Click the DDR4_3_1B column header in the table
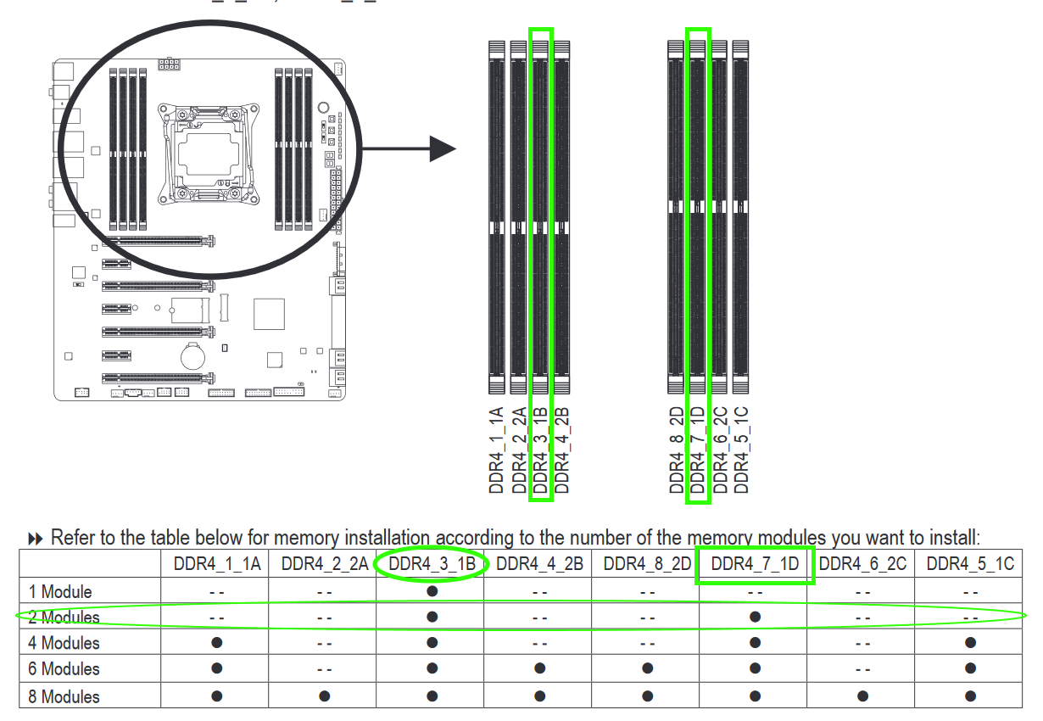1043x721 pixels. pyautogui.click(x=432, y=564)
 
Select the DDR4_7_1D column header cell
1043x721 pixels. pyautogui.click(x=755, y=564)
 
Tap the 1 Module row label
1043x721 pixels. pyautogui.click(x=60, y=592)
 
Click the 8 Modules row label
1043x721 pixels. pyautogui.click(x=64, y=696)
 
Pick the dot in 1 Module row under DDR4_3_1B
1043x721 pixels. pyautogui.click(x=432, y=591)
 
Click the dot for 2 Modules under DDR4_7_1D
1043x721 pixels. pyautogui.click(x=756, y=617)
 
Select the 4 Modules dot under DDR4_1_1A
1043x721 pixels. pyautogui.click(x=216, y=643)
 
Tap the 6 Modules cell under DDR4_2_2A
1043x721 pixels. pyautogui.click(x=324, y=669)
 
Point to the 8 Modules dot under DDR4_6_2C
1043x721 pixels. pyautogui.click(x=862, y=696)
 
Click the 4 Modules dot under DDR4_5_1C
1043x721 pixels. pyautogui.click(x=970, y=643)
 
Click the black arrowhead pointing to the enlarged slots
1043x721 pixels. pyautogui.click(x=443, y=149)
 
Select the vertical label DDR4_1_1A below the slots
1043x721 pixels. pyautogui.click(x=496, y=450)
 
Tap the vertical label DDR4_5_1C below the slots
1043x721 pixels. pyautogui.click(x=741, y=450)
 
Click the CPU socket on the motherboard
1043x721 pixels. pyautogui.click(x=208, y=154)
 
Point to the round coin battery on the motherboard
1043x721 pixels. pyautogui.click(x=192, y=357)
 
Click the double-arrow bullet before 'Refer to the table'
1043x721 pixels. pyautogui.click(x=36, y=539)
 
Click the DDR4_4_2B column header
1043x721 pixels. pyautogui.click(x=539, y=564)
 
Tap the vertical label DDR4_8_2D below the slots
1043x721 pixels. pyautogui.click(x=676, y=450)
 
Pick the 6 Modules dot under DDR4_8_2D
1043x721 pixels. pyautogui.click(x=647, y=668)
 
